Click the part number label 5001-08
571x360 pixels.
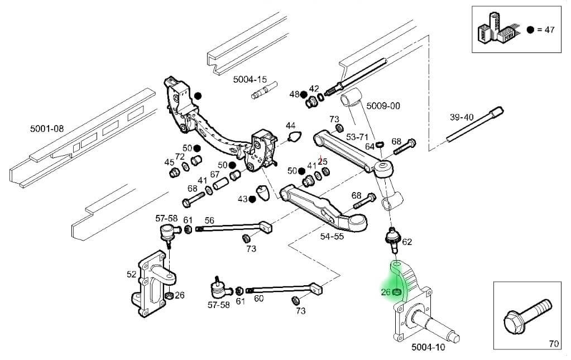(x=47, y=129)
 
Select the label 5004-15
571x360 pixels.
(x=250, y=80)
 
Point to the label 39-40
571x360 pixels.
(x=462, y=117)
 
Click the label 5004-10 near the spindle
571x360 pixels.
(x=428, y=347)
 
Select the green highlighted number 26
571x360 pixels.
(x=385, y=292)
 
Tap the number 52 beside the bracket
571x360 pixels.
(x=132, y=274)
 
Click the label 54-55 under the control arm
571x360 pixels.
(x=333, y=237)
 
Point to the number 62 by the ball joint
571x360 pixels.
(x=407, y=242)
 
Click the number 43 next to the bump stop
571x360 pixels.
(x=242, y=199)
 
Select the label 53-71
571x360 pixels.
(x=357, y=137)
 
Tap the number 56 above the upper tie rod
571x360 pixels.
(x=209, y=220)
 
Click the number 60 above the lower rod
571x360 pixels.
(x=258, y=299)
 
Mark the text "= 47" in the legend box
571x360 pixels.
(x=545, y=30)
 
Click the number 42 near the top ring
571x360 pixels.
(x=314, y=89)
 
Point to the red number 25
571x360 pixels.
(x=322, y=161)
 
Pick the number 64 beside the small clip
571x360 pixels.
(x=370, y=146)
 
